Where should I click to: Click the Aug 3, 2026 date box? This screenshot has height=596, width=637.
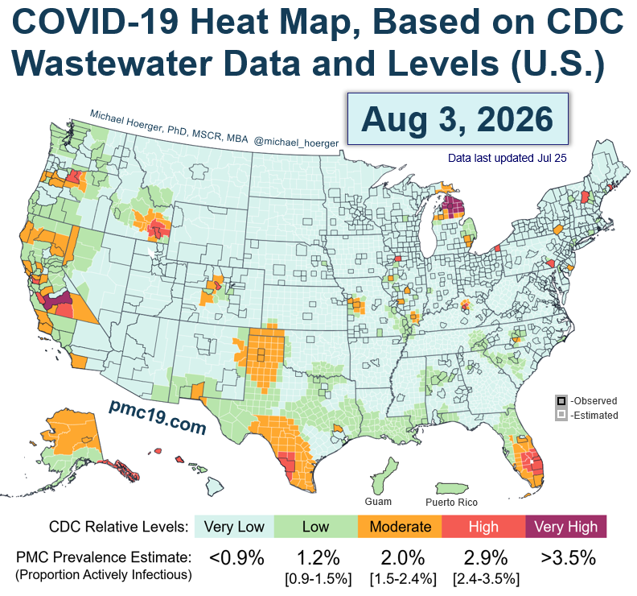[458, 118]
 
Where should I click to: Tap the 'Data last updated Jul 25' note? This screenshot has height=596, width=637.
[507, 158]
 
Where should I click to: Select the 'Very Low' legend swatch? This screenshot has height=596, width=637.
[234, 527]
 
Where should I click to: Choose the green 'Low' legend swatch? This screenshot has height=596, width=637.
[316, 527]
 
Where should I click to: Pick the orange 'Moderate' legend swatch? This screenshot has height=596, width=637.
[401, 527]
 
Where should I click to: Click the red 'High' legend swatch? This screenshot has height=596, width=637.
[483, 527]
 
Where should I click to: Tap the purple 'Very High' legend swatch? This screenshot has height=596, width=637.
[566, 527]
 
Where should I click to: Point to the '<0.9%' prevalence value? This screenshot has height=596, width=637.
[236, 557]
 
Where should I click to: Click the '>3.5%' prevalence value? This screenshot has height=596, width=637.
[569, 557]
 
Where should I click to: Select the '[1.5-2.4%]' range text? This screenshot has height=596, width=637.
[403, 578]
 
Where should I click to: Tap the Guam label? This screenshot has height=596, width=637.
[378, 502]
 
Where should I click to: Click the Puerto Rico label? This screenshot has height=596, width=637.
[451, 503]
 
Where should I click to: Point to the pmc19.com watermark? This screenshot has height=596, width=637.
[158, 416]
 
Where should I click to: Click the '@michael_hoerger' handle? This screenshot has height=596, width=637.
[296, 143]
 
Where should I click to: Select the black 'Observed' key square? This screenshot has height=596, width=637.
[561, 401]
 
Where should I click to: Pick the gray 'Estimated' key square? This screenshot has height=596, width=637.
[561, 415]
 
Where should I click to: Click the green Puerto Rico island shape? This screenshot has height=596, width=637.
[452, 488]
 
